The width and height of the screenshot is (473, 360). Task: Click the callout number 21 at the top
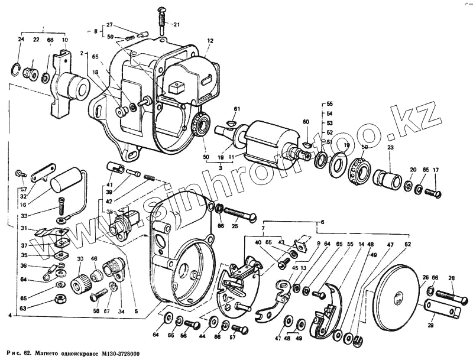point(176,24)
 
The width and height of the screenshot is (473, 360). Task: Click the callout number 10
point(64,40)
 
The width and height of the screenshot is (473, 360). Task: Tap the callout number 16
point(22,204)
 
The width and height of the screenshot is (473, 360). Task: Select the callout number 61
point(237,109)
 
